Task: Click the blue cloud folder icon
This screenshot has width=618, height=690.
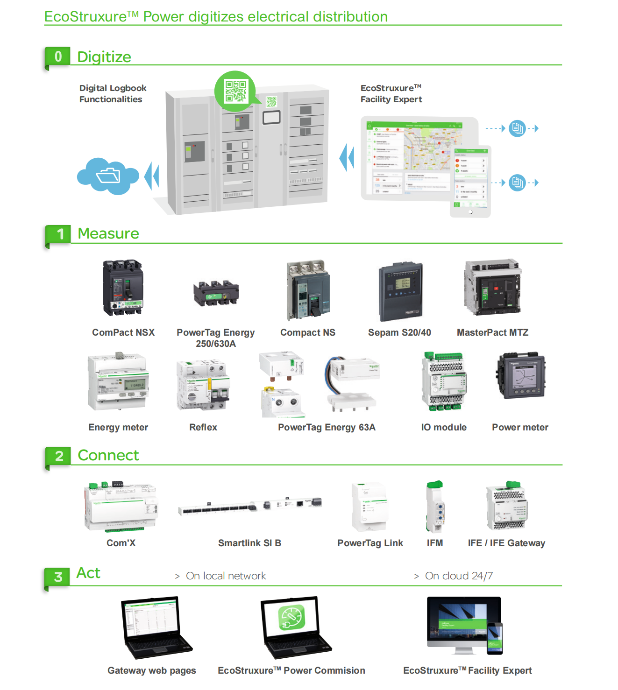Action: (108, 176)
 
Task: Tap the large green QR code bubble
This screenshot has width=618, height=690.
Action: (235, 91)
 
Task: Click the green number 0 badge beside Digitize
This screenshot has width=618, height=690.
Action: (58, 56)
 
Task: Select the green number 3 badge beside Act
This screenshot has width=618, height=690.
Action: (58, 577)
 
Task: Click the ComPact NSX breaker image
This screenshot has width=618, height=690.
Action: (123, 288)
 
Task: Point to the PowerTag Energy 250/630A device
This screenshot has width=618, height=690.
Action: (216, 293)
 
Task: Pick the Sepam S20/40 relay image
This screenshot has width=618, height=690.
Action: (401, 292)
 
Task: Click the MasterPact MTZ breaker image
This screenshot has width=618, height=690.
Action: (492, 287)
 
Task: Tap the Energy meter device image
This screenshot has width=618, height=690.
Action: (118, 382)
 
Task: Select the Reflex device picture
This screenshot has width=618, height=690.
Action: (203, 385)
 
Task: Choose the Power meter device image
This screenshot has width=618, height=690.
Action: (521, 376)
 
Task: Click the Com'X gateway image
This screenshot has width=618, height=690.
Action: (121, 507)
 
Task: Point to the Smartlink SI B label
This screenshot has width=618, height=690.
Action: (249, 543)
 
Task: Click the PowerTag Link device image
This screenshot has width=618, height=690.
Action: (370, 507)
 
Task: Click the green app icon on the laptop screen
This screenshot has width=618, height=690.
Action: (291, 618)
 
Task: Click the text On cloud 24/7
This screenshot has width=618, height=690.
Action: (458, 576)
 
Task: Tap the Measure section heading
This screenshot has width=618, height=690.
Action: (108, 233)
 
